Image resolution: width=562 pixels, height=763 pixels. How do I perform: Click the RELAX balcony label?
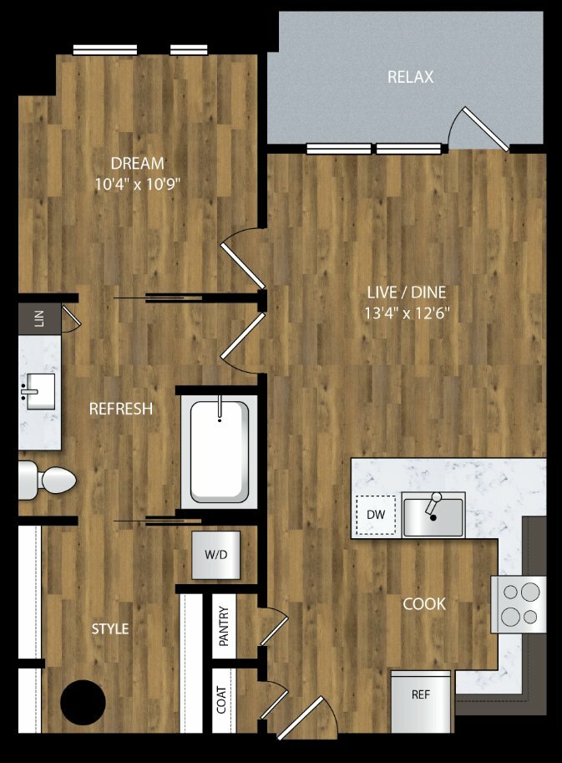tap(410, 77)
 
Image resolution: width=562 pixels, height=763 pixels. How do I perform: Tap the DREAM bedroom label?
tap(138, 163)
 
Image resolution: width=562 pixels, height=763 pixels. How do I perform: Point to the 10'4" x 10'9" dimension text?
tap(138, 185)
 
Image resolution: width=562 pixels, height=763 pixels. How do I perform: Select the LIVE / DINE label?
tap(407, 292)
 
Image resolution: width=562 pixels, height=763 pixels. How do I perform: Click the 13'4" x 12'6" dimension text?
tap(407, 313)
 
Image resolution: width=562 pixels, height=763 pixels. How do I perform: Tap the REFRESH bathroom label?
tap(121, 409)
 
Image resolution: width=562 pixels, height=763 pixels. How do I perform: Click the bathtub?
tap(220, 452)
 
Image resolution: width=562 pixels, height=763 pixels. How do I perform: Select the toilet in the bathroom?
tap(48, 481)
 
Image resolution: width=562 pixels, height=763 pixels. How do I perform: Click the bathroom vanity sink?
tap(38, 392)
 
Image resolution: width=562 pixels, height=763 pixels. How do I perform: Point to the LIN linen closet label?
tap(39, 318)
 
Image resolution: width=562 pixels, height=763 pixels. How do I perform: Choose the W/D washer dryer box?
tap(215, 555)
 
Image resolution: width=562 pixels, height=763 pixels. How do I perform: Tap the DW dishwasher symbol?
tap(376, 515)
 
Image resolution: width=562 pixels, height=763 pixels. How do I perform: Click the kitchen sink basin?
tap(433, 516)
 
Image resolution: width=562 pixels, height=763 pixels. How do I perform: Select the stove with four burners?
tap(519, 604)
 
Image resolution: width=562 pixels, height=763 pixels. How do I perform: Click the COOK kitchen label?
tap(424, 604)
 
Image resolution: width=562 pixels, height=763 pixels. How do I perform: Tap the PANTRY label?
tap(224, 626)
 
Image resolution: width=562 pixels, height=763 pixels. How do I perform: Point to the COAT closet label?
tap(221, 699)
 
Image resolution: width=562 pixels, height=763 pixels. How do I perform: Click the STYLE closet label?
tap(110, 628)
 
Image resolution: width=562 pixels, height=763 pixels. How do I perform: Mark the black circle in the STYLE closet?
tap(84, 702)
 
